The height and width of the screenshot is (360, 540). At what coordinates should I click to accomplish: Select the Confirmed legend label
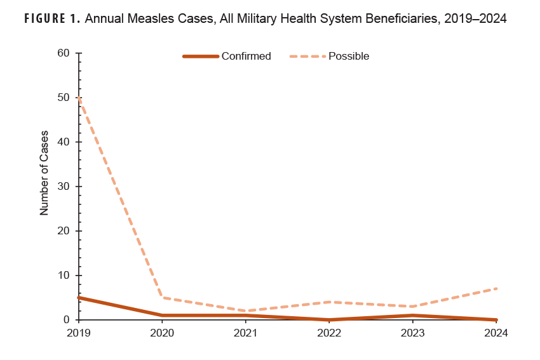[246, 56]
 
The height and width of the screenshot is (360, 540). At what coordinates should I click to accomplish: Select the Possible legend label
[349, 56]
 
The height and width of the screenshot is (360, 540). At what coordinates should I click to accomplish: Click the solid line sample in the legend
[201, 56]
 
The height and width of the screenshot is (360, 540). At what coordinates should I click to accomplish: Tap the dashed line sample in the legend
[307, 56]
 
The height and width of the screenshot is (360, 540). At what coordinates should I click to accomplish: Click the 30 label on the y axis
[63, 187]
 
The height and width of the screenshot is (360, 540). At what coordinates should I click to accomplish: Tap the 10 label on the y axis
[63, 276]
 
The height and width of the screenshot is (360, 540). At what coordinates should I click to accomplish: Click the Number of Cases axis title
[44, 173]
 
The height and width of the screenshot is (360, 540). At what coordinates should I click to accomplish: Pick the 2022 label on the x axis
[330, 333]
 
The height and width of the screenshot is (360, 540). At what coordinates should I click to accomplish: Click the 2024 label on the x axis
[497, 333]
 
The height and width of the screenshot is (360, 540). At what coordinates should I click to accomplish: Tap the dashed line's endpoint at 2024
[497, 289]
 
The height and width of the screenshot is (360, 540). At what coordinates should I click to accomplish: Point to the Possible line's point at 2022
[330, 302]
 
